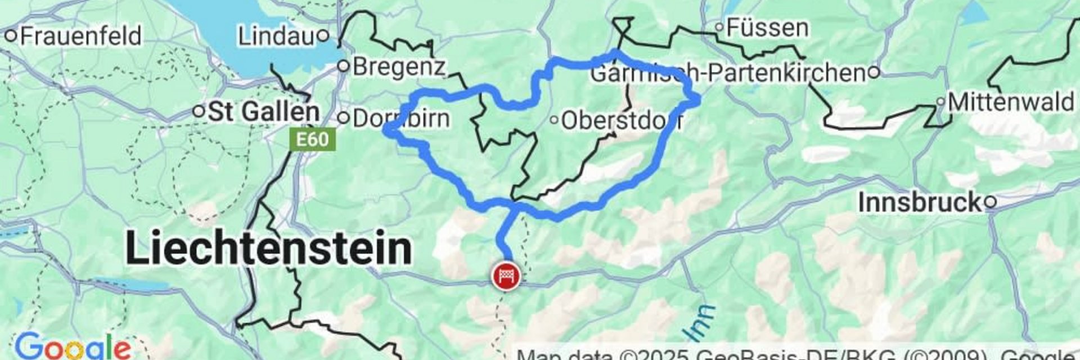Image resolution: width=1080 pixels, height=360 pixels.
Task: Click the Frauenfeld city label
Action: tap(80, 37)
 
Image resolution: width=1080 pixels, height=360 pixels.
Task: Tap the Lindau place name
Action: tap(276, 37)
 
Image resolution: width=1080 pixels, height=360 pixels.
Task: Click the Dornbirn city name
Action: tap(402, 119)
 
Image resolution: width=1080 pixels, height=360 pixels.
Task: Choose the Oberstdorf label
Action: tap(622, 120)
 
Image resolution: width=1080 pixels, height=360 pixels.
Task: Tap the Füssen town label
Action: tap(768, 28)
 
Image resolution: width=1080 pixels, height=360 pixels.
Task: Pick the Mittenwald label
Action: tap(1011, 102)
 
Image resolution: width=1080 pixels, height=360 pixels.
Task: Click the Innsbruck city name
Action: tap(920, 202)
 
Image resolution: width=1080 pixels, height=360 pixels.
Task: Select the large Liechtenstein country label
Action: tap(269, 248)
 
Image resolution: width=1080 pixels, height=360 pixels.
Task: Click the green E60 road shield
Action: tap(312, 139)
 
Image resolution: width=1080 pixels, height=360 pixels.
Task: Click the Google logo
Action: tap(73, 346)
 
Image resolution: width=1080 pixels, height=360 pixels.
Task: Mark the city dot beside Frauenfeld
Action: tap(11, 36)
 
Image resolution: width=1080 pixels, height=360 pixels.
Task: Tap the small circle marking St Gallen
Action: tap(198, 111)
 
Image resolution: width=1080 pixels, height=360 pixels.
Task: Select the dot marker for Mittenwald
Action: tap(940, 102)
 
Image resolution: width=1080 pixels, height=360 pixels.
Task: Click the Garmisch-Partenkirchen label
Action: tap(728, 73)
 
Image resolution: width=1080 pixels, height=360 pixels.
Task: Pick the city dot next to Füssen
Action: tap(719, 26)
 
